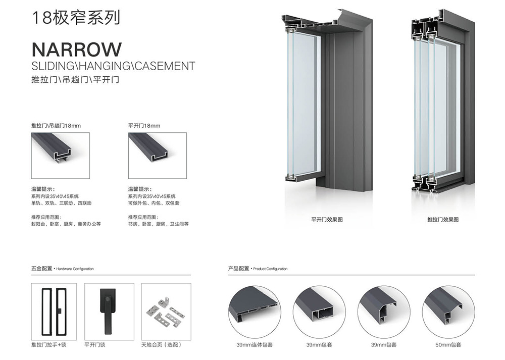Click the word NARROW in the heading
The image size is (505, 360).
click(x=77, y=49)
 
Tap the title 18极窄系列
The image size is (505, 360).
click(x=76, y=17)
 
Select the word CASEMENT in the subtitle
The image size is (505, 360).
click(x=165, y=66)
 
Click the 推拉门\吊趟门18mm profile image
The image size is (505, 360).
click(x=60, y=156)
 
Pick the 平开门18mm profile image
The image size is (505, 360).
click(x=158, y=156)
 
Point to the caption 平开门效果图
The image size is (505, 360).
click(x=327, y=220)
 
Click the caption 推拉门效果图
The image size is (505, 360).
click(x=443, y=220)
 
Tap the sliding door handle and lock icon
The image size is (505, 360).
click(x=54, y=312)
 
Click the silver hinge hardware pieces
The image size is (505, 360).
click(x=166, y=312)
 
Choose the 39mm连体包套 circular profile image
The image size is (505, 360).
click(x=255, y=312)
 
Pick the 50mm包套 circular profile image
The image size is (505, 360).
click(x=448, y=312)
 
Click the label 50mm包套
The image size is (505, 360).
click(x=448, y=345)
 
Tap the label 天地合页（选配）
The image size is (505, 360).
click(x=162, y=345)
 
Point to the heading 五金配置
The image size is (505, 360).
click(x=41, y=269)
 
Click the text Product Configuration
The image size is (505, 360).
click(x=270, y=269)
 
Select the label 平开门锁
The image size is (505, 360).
click(x=95, y=345)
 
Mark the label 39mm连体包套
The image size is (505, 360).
click(x=255, y=345)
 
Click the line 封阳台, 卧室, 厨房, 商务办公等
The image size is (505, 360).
click(x=66, y=224)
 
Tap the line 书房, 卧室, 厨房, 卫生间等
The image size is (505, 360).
click(x=159, y=224)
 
